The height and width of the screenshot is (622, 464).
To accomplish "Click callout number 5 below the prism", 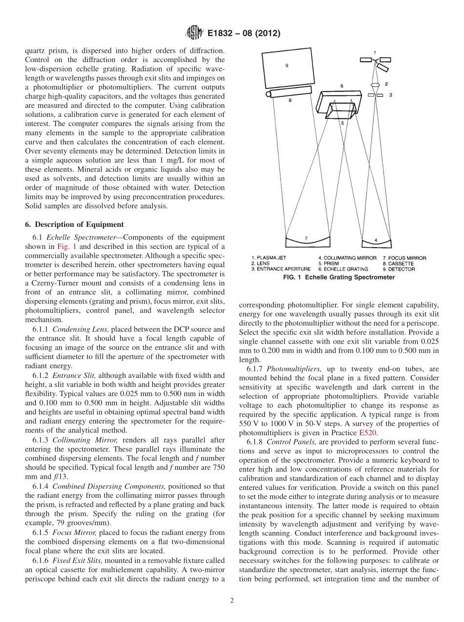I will pyautogui.click(x=342, y=123).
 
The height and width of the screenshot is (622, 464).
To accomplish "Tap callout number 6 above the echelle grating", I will pyautogui.click(x=342, y=86).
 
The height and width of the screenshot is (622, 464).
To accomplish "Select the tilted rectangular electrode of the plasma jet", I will pyautogui.click(x=384, y=65).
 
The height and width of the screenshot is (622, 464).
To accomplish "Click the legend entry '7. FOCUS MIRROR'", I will pyautogui.click(x=404, y=258).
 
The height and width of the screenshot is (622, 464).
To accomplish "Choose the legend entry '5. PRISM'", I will pyautogui.click(x=330, y=264).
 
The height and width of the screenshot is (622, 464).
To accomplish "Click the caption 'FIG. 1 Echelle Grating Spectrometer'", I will pyautogui.click(x=338, y=277).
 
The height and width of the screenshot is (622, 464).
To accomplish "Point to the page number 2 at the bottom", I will pyautogui.click(x=232, y=601).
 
